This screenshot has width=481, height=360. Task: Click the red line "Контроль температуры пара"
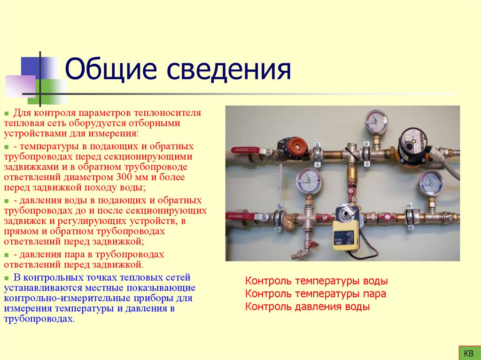(316, 294)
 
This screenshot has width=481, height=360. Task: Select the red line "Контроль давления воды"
(308, 307)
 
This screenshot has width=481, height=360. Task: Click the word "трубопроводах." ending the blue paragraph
(39, 319)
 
